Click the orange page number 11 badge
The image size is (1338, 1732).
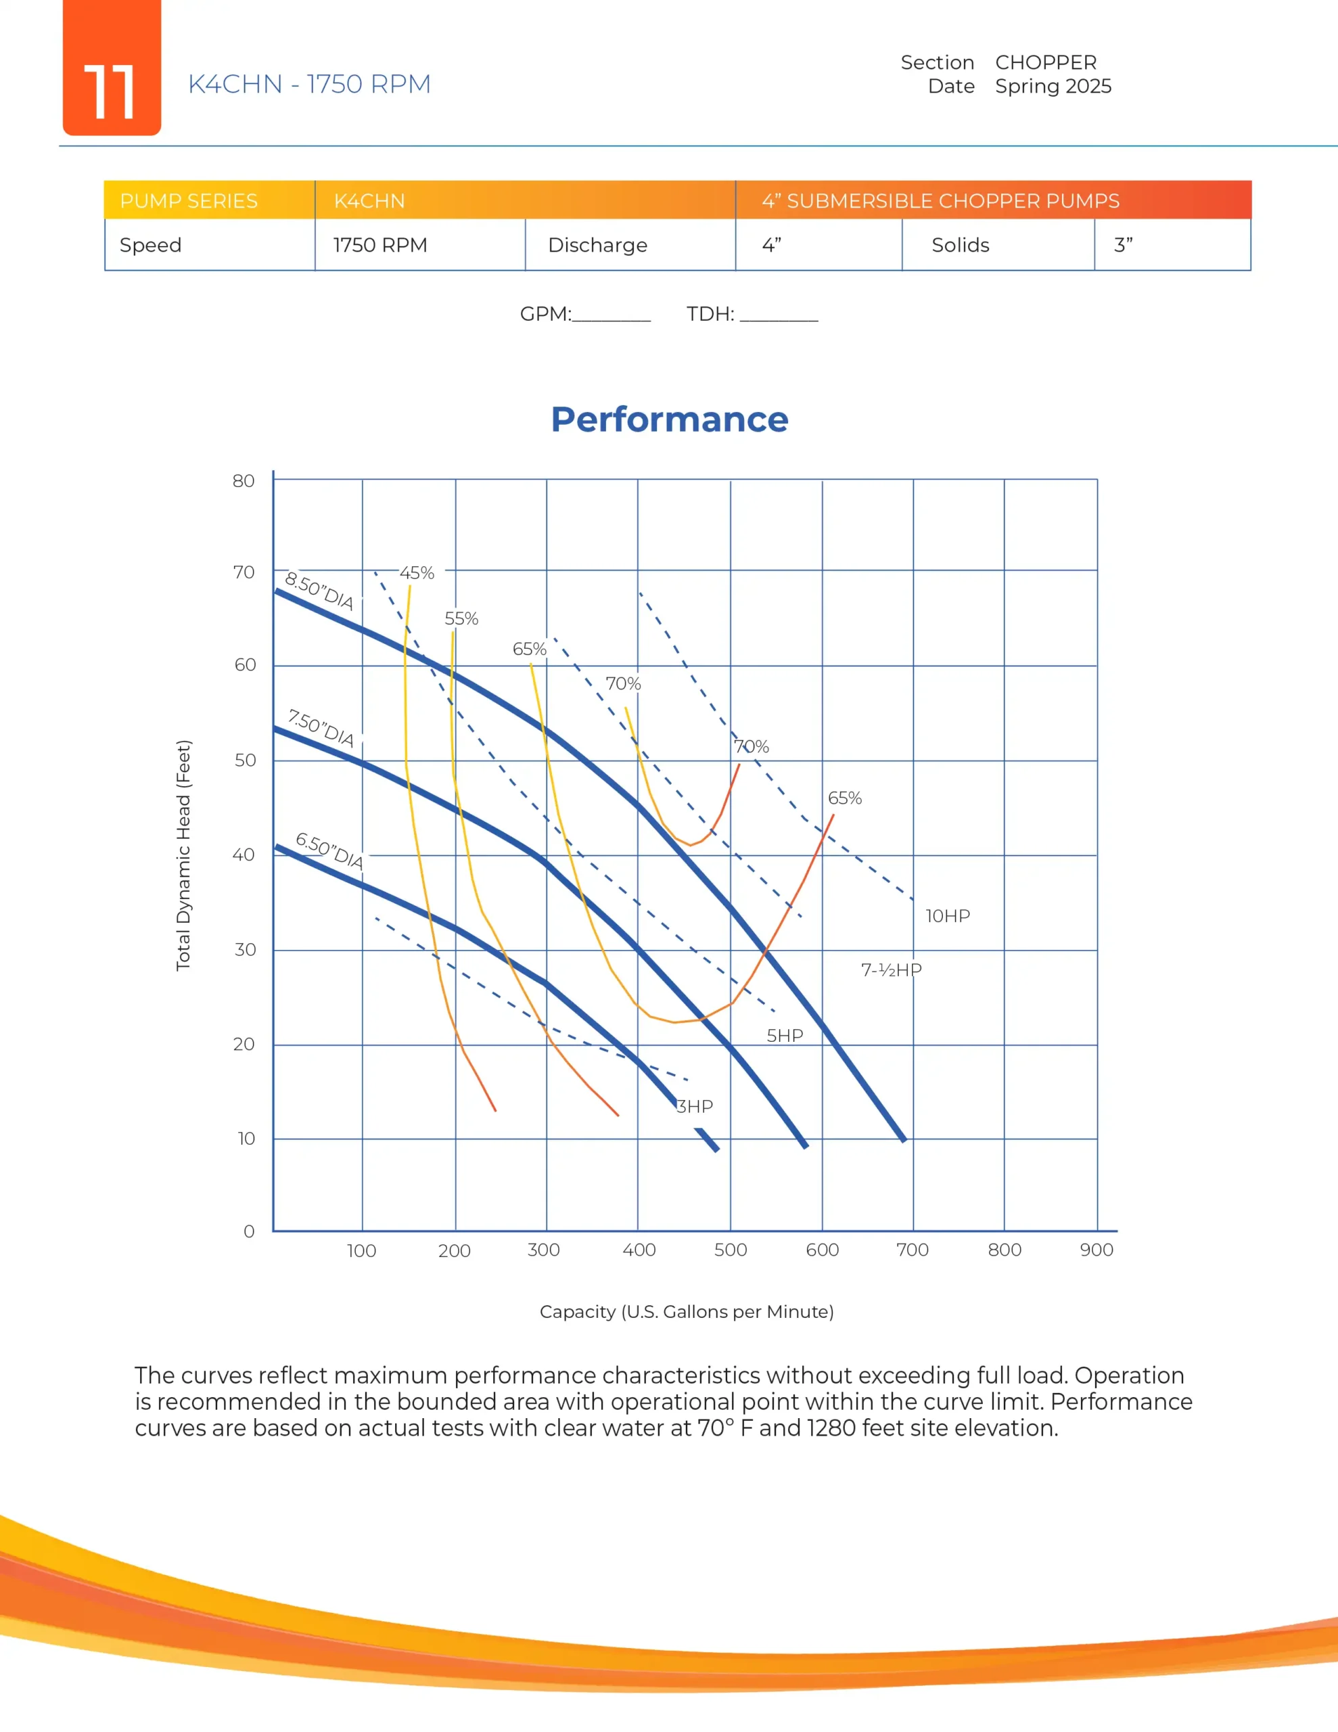[112, 68]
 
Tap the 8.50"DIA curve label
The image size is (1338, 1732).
[319, 590]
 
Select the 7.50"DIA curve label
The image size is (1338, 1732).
[321, 728]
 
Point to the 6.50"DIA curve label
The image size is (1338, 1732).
[329, 850]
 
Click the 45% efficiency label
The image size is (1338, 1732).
[417, 572]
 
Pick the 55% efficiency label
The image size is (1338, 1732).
[461, 618]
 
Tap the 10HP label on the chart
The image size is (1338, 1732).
[947, 916]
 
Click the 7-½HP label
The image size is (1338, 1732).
[891, 970]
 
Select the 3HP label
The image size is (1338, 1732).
[695, 1106]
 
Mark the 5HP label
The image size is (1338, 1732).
[785, 1036]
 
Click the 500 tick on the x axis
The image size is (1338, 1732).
[730, 1250]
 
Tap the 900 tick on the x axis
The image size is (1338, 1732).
[1096, 1250]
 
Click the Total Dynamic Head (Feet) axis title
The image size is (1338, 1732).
[183, 855]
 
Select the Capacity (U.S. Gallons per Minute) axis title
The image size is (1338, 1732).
[686, 1312]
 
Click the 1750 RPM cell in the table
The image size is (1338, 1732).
[380, 245]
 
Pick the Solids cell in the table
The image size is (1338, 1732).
[960, 245]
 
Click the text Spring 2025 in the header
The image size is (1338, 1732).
[1053, 87]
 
